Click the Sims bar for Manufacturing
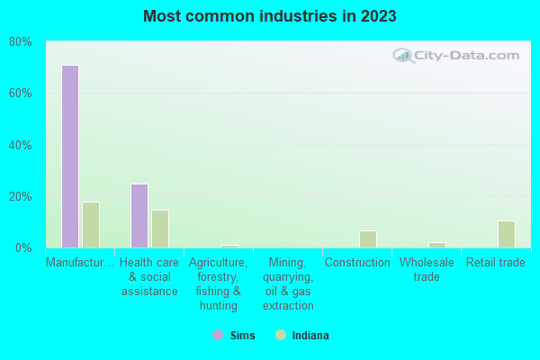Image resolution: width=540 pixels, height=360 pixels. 70,157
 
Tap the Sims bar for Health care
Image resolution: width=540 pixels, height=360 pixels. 139,216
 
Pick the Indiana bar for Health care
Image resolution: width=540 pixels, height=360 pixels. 160,229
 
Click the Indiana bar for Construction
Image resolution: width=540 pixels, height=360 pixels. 367,239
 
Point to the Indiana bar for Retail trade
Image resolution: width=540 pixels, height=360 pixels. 506,234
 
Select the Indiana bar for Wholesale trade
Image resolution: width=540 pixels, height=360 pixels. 436,245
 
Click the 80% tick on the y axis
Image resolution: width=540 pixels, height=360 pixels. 21,42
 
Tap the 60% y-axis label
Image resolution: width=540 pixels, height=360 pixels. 21,94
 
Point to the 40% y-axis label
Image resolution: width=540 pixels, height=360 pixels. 21,145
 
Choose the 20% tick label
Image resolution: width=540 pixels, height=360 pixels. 21,196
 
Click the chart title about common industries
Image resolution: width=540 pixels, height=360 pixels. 270,16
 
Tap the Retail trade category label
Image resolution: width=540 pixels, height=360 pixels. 494,263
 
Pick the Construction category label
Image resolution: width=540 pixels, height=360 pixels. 357,263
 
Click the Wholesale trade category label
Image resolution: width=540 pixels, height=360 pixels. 427,270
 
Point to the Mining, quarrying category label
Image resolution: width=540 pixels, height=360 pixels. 288,284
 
